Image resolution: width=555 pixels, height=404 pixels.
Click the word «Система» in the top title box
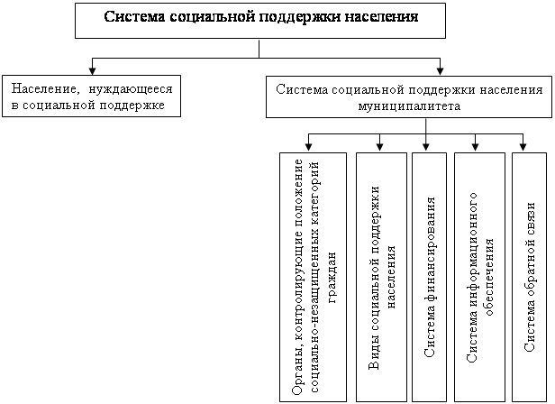[x=134, y=17]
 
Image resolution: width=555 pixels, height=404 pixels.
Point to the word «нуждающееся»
[x=131, y=89]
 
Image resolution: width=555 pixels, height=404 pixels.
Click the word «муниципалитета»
[x=409, y=106]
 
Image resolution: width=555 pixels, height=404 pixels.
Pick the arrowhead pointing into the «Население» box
[x=93, y=71]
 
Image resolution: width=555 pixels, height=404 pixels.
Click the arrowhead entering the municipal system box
[x=440, y=71]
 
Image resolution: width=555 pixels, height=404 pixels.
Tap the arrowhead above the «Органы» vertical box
[x=309, y=146]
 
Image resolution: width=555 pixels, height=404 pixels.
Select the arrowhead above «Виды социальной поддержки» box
[x=380, y=146]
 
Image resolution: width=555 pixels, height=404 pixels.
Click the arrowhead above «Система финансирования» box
[x=426, y=146]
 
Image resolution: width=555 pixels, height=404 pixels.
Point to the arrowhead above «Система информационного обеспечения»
[x=476, y=146]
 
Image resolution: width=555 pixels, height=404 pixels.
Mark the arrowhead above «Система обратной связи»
[x=523, y=146]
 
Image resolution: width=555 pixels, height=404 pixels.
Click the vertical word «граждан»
[x=332, y=278]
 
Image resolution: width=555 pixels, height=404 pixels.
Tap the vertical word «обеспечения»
[x=489, y=277]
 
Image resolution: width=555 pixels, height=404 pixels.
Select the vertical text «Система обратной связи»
[x=530, y=277]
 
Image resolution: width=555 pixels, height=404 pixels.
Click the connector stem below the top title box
[x=259, y=49]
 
